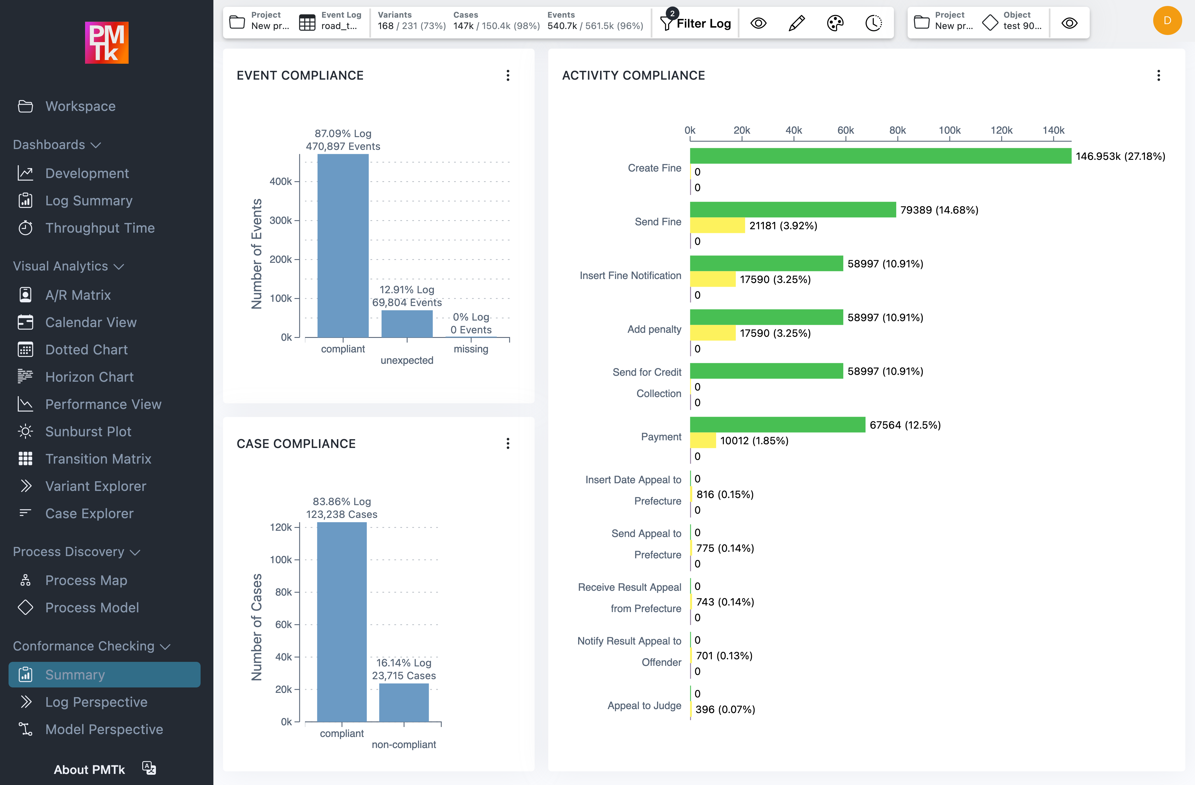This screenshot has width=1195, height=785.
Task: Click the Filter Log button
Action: tap(696, 23)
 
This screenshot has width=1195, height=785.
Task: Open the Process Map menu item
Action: tap(86, 580)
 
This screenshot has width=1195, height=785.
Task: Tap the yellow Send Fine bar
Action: tap(717, 225)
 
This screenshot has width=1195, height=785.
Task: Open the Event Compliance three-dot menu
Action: tap(508, 75)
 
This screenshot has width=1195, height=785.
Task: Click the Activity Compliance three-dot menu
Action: tap(1158, 75)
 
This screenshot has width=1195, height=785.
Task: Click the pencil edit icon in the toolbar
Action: tap(796, 23)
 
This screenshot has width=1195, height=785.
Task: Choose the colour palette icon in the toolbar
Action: tap(835, 23)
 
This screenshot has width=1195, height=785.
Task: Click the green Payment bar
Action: tap(777, 425)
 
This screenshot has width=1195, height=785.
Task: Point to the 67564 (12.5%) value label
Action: tap(905, 425)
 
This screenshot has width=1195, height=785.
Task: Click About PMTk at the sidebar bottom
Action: tap(89, 769)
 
